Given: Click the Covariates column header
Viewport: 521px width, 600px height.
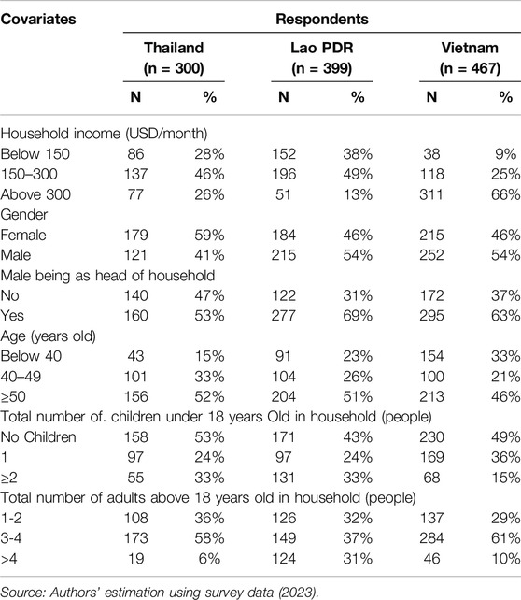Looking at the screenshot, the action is tap(38, 19).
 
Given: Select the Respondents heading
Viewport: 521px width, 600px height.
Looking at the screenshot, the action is tap(322, 19).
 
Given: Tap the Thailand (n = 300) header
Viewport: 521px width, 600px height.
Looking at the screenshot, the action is tap(174, 58).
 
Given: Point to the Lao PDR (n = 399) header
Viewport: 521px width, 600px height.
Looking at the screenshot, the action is tap(322, 58).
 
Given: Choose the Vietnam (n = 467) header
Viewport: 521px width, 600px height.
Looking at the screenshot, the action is tap(470, 58).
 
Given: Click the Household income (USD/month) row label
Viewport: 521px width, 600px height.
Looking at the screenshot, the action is tap(104, 134).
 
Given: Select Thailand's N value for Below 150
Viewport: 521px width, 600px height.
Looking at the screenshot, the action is tap(135, 154).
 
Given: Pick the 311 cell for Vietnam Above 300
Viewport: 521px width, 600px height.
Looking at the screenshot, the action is tap(431, 194).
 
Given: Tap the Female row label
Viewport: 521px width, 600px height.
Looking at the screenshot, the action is tap(23, 235).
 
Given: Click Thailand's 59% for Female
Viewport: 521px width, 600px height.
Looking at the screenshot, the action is tap(209, 235).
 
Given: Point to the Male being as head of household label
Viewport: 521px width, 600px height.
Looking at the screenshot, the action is tap(107, 276).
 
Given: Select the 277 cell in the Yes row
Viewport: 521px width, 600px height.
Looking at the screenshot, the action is tap(284, 316).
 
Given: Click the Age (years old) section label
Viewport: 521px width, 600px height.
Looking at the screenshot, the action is tap(49, 336).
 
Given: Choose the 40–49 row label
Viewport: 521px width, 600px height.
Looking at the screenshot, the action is tap(21, 377).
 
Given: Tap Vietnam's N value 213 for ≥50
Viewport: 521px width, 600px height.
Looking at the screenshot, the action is tap(431, 397).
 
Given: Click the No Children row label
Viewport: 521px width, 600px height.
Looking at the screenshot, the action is tap(38, 437).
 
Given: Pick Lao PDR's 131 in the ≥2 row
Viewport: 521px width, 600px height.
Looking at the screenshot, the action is tap(284, 478).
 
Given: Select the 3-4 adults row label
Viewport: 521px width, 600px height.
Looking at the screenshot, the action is tap(11, 538).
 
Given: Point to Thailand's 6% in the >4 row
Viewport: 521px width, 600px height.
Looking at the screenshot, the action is tap(209, 559).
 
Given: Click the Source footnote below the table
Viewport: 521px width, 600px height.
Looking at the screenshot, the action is tap(160, 592).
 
